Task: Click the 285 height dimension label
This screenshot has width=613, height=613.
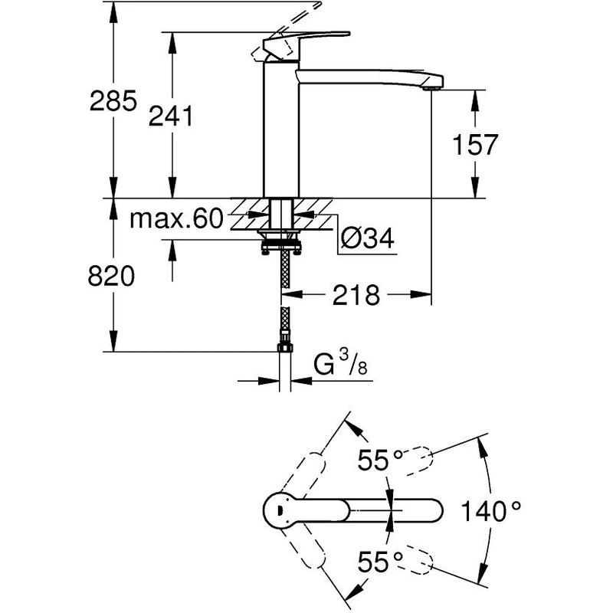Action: click(x=113, y=100)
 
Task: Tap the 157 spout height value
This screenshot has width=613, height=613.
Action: click(x=476, y=144)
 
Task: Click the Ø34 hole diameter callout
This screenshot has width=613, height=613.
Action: click(x=366, y=239)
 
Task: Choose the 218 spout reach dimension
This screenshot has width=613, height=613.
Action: click(x=356, y=294)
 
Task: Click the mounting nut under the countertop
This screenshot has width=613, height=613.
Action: click(x=283, y=247)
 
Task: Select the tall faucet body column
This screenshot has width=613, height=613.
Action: click(x=280, y=130)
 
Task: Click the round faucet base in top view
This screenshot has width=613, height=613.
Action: click(x=279, y=509)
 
